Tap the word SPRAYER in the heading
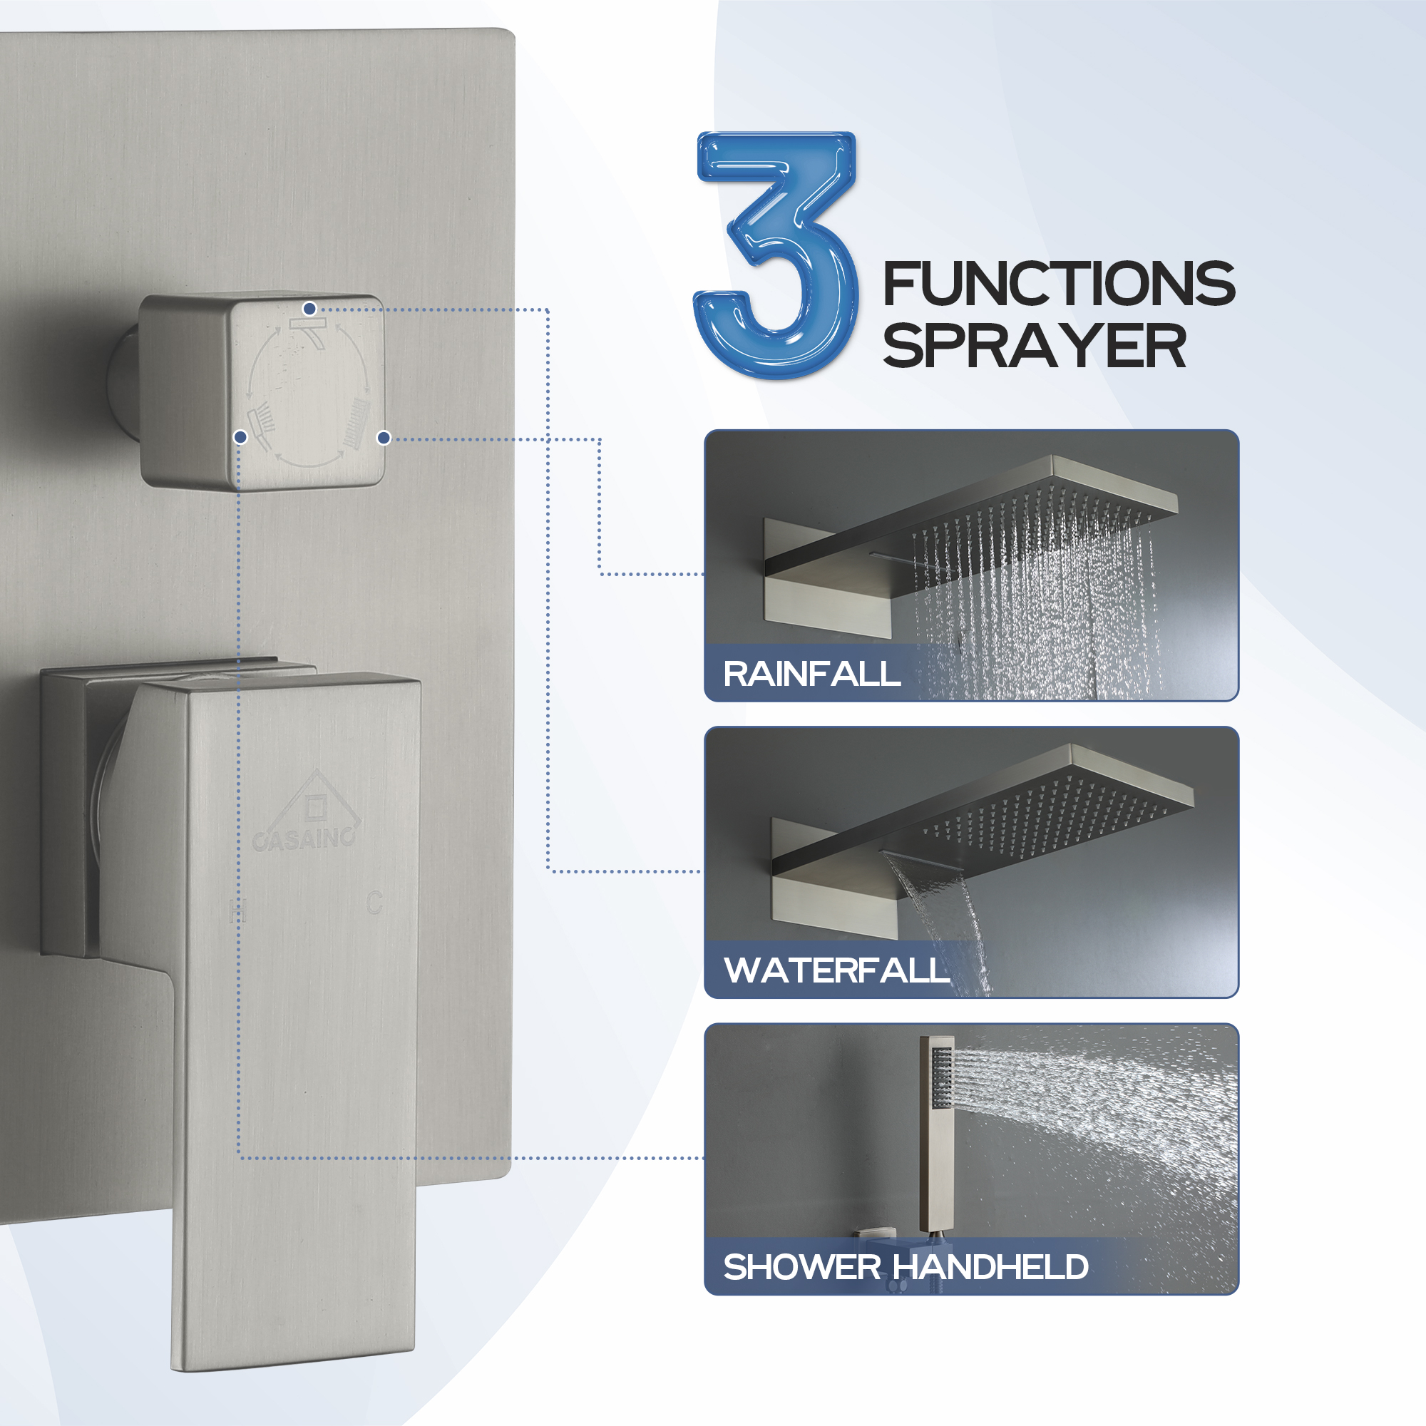[1034, 347]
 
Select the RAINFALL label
[811, 674]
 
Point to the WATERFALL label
[836, 970]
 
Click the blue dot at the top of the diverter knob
[310, 309]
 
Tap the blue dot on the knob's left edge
[240, 438]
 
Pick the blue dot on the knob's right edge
[383, 438]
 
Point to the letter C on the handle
[374, 902]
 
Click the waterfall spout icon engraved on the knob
[309, 332]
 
